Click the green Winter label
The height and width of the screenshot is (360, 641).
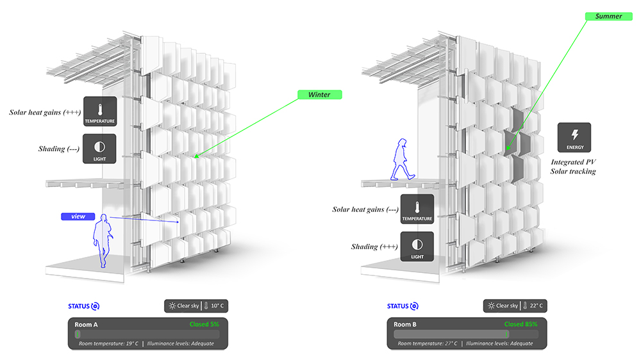(x=320, y=95)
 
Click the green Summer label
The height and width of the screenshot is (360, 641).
(x=609, y=17)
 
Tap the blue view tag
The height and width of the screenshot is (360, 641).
(x=78, y=217)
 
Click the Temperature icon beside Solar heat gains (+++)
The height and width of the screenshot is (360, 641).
(x=100, y=111)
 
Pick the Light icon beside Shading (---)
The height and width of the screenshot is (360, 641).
(x=99, y=149)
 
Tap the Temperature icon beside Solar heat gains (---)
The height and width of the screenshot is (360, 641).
(x=417, y=209)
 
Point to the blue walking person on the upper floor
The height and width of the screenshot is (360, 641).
(x=403, y=160)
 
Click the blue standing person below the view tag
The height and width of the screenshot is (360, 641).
(x=103, y=241)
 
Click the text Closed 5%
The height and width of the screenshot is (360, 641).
(x=204, y=324)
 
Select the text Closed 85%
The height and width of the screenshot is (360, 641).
(x=520, y=324)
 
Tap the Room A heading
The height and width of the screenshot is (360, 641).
(x=86, y=325)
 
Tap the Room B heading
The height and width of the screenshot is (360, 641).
(x=404, y=325)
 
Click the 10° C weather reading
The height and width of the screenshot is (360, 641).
(x=217, y=306)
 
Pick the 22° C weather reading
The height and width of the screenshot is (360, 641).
(x=537, y=306)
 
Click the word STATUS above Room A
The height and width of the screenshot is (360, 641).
(x=79, y=306)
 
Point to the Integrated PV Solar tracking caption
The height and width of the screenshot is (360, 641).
(x=573, y=167)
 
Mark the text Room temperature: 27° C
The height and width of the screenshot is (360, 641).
(x=428, y=343)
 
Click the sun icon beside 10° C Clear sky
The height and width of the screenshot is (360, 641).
(x=172, y=306)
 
